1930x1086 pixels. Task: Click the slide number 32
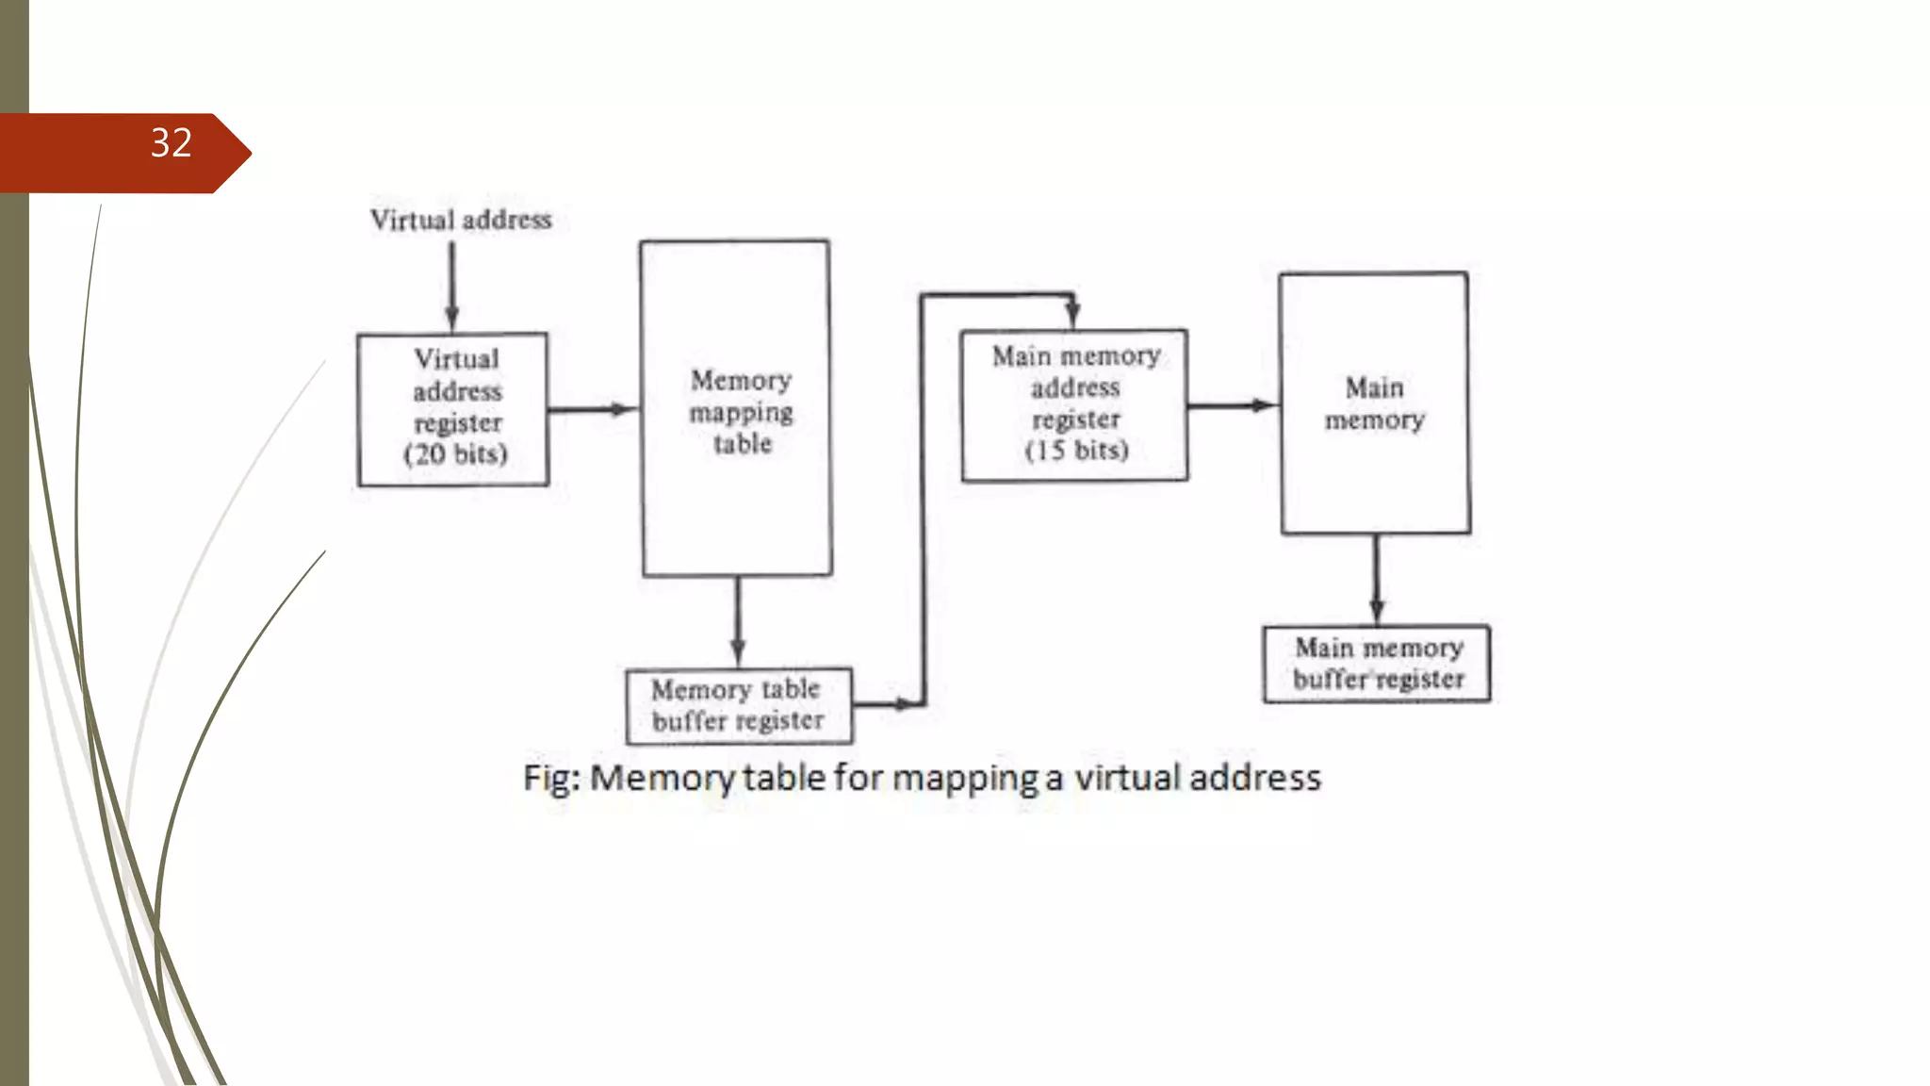172,143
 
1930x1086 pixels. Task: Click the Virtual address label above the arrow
461,220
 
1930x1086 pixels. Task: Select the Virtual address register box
453,409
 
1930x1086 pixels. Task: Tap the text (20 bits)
456,454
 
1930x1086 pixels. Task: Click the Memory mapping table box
736,408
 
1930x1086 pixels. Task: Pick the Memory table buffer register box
739,705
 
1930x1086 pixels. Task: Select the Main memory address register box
1074,405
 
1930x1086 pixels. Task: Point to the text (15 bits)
1077,451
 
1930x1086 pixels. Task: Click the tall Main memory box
1374,403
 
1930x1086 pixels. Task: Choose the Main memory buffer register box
1377,664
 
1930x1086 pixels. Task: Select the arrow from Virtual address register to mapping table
592,409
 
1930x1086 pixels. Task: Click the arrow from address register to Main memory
1232,406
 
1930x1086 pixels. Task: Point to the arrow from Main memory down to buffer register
1377,579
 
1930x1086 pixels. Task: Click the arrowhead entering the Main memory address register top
1072,314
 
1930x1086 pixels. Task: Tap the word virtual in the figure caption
1127,778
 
